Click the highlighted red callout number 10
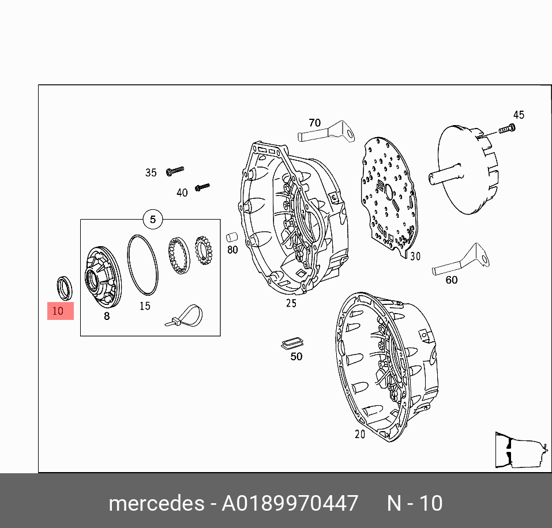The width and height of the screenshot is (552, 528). pos(60,311)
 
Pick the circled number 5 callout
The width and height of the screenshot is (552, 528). pos(153,219)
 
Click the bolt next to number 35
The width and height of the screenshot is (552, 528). pos(174,170)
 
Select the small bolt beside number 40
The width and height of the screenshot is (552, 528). pos(202,187)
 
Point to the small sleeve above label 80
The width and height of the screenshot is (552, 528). pos(232,236)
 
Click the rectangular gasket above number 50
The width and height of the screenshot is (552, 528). pos(292,343)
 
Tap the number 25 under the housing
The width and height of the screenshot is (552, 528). pos(291,303)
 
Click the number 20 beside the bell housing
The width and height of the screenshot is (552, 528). pos(360,434)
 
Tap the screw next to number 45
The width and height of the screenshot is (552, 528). pos(505,129)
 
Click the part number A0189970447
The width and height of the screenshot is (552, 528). pos(290,503)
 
